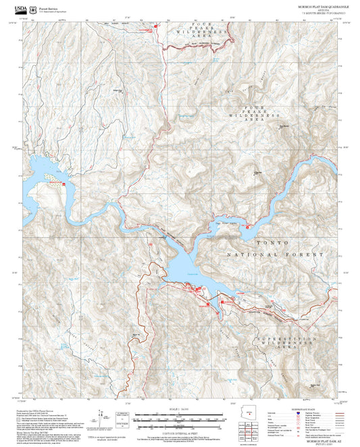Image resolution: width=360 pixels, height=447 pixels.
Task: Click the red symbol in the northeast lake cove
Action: click(x=248, y=227)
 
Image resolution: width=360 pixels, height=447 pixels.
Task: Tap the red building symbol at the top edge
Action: click(x=157, y=26)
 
